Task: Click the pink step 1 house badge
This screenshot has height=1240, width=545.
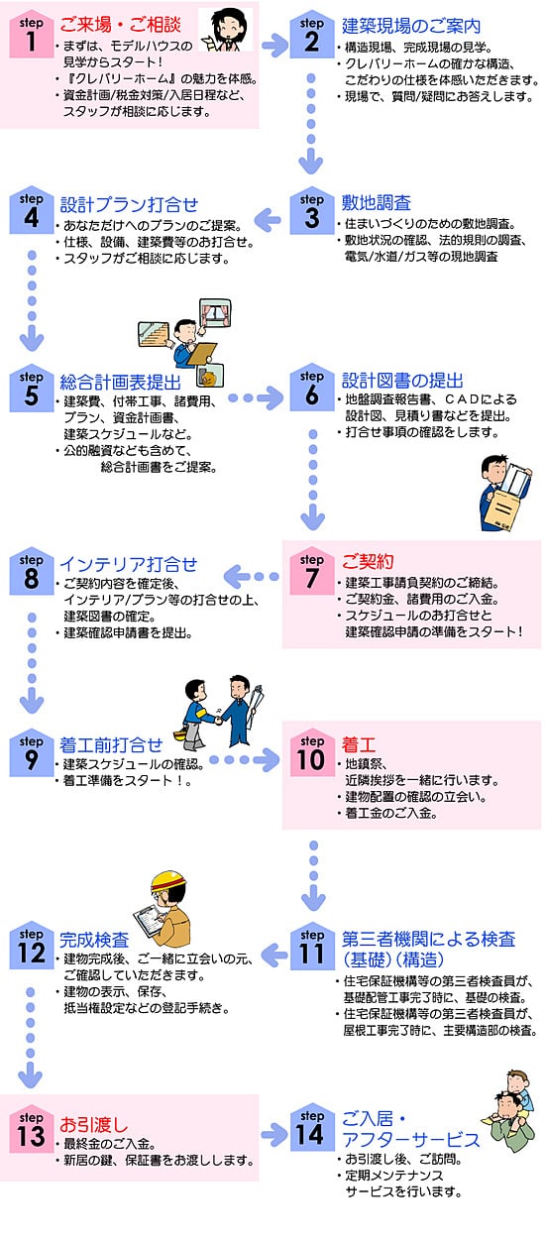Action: pyautogui.click(x=31, y=35)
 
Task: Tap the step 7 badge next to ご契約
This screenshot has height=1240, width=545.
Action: pyautogui.click(x=311, y=572)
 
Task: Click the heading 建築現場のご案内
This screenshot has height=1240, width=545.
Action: pyautogui.click(x=410, y=26)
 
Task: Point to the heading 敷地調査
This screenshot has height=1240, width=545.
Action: pyautogui.click(x=376, y=202)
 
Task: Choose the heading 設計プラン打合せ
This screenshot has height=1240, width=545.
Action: pyautogui.click(x=129, y=205)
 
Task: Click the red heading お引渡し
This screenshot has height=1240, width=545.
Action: pyautogui.click(x=93, y=1124)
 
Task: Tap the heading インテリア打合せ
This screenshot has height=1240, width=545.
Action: pyautogui.click(x=128, y=564)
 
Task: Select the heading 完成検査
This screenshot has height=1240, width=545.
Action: pyautogui.click(x=94, y=940)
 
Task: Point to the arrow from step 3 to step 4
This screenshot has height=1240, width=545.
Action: pyautogui.click(x=269, y=220)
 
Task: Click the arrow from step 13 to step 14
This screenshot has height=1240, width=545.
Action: pyautogui.click(x=274, y=1135)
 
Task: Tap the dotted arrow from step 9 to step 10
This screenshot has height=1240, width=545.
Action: pyautogui.click(x=244, y=760)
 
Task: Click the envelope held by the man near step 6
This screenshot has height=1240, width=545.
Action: pyautogui.click(x=503, y=507)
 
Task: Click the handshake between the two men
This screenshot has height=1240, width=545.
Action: pyautogui.click(x=219, y=720)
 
